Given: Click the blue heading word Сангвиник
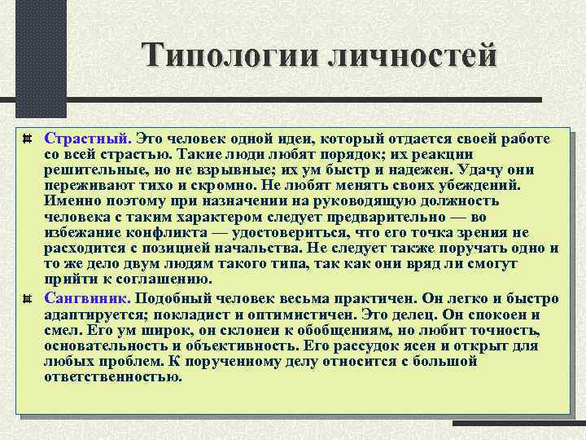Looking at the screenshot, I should point(87,298).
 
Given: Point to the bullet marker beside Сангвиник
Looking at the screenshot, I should point(28,298).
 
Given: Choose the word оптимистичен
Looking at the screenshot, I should point(295,314).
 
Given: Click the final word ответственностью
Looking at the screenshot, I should point(113,376).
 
